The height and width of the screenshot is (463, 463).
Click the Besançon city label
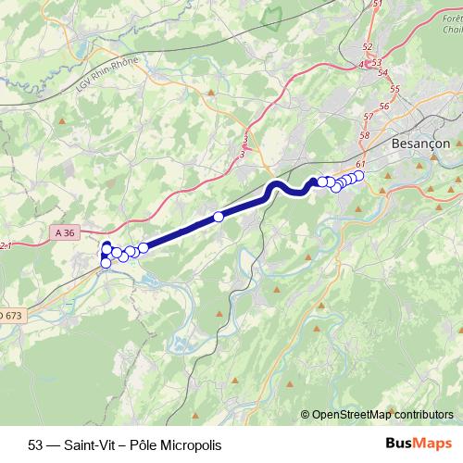pyautogui.click(x=421, y=144)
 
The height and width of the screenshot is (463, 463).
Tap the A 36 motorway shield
pyautogui.click(x=64, y=231)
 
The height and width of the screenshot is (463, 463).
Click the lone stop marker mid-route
pyautogui.click(x=219, y=217)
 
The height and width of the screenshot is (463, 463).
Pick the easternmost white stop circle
pyautogui.click(x=358, y=176)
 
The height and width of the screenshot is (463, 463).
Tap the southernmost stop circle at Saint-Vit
pyautogui.click(x=106, y=263)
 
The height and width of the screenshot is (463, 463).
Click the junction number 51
pyautogui.click(x=377, y=5)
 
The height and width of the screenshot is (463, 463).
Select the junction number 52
pyautogui.click(x=368, y=46)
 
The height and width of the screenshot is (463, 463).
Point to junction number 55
pyautogui.click(x=395, y=88)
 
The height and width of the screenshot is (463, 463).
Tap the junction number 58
pyautogui.click(x=364, y=135)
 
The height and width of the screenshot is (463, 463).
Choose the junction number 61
pyautogui.click(x=359, y=164)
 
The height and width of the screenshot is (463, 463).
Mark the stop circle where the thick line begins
pyautogui.click(x=144, y=247)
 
